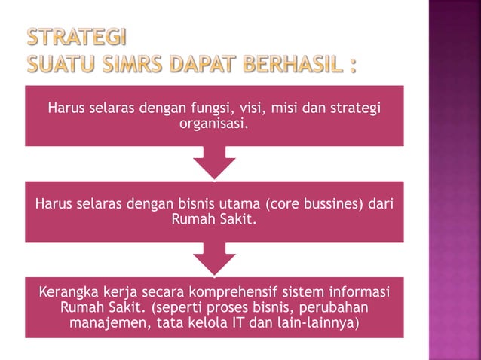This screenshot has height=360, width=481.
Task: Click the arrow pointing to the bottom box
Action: coord(214,259)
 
